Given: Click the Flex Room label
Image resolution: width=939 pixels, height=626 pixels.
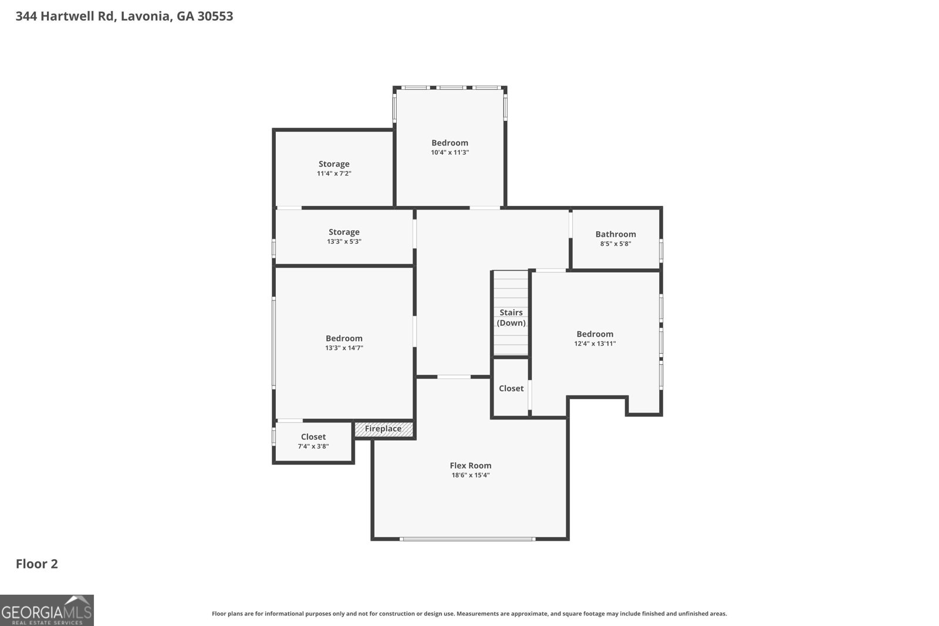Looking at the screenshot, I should point(470,465).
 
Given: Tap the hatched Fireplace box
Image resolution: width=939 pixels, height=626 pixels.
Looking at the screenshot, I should point(384,429).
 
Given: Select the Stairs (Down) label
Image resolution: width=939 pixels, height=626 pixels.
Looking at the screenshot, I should point(511,317).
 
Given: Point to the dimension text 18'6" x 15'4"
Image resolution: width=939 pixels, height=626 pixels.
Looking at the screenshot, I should point(470,475).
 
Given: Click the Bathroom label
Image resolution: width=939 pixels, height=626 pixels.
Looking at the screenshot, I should point(615,234).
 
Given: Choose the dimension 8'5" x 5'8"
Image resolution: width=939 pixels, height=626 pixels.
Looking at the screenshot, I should point(615,243).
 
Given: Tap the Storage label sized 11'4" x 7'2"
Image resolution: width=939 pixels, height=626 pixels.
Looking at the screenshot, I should point(334,164).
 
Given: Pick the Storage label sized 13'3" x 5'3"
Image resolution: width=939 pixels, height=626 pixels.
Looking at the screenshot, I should point(344,232).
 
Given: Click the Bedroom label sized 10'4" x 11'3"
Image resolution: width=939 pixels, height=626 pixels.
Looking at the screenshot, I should point(450,143).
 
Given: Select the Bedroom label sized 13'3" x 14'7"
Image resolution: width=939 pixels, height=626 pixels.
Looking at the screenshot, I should point(344,338).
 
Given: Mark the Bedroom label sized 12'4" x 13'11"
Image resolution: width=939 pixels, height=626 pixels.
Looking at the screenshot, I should point(595,334).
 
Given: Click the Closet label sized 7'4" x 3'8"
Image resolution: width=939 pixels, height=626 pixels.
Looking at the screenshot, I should point(313,436).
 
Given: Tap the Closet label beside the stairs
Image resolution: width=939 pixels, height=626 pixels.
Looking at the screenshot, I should point(511,388).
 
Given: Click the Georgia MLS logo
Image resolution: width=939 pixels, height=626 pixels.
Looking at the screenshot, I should point(47,611).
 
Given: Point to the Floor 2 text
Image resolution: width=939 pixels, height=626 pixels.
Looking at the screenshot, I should point(36,564).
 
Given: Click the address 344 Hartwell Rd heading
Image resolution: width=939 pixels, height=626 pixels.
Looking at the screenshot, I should point(124,16).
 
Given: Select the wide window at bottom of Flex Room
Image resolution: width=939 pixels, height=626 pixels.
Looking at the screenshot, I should point(467,539).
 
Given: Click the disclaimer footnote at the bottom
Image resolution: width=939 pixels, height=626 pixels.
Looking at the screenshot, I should point(469,614).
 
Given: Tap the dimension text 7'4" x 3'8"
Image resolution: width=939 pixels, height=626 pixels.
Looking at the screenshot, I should point(313,446).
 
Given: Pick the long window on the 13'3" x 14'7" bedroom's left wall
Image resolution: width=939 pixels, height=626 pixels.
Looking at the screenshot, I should point(273,343).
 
